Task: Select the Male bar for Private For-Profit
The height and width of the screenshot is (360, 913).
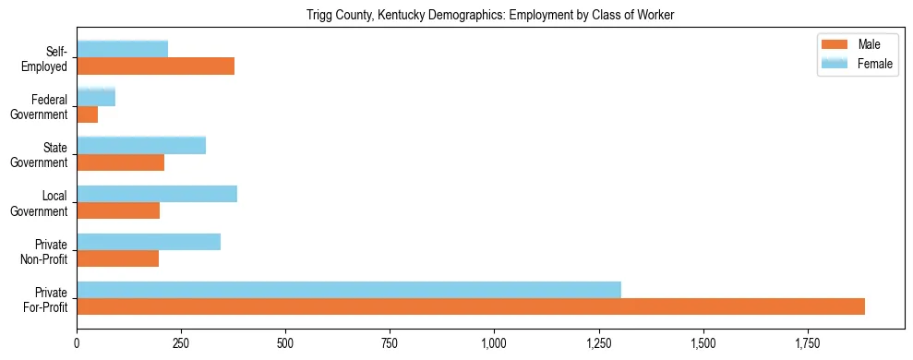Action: [471, 306]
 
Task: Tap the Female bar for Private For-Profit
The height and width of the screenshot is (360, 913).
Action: [349, 290]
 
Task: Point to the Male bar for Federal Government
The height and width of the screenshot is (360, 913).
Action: [88, 114]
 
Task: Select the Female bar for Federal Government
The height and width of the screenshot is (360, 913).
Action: [96, 98]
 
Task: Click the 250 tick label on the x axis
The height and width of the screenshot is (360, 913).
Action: [182, 343]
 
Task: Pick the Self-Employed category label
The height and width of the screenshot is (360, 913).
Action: [50, 59]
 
